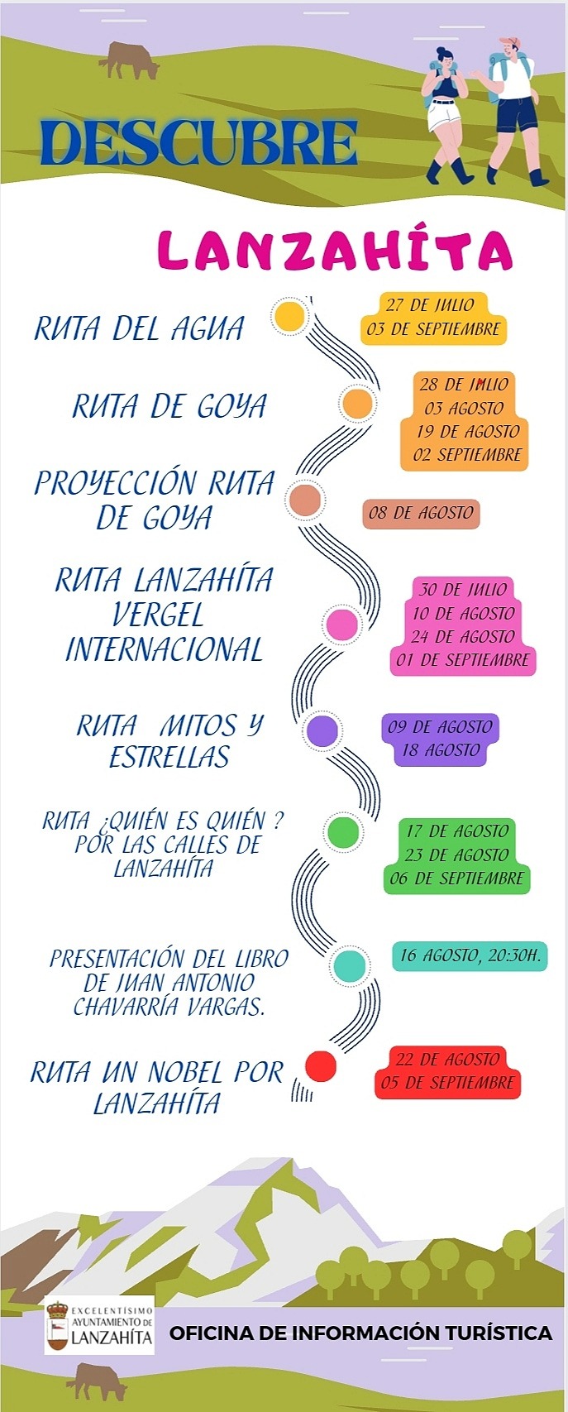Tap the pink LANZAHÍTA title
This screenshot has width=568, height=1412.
pos(334,250)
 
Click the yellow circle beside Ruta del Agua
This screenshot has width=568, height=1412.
pos(289,317)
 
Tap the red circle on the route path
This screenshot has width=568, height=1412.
pos(321,1066)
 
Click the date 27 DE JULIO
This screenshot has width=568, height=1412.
pos(430,305)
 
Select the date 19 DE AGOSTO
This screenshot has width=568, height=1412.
pos(467,431)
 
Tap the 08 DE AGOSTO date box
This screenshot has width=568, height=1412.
pos(421,513)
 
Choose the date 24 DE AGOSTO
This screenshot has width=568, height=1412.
pos(463,637)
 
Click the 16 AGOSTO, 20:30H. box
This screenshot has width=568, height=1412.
pos(470,955)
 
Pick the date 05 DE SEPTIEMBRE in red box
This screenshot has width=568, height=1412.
pos(448,1083)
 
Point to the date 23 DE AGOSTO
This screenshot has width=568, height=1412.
pos(456,854)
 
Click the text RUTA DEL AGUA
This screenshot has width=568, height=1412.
pos(139,329)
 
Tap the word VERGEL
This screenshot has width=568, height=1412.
pos(158,615)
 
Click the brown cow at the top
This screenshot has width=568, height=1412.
pos(129,60)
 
